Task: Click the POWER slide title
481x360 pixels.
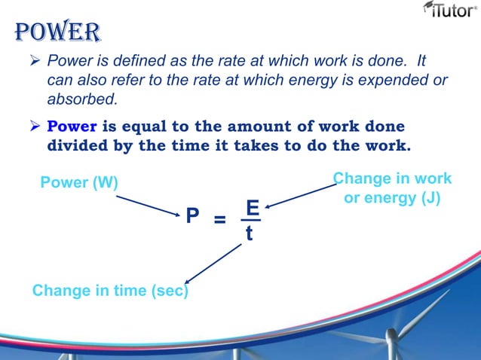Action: [x=57, y=32]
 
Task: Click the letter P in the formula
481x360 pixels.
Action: [x=192, y=217]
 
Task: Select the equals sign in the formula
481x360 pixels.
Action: [x=219, y=220]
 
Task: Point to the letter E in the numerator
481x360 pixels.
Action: [x=252, y=207]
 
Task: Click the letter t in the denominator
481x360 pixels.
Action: [x=250, y=234]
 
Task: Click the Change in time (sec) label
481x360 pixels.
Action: [x=110, y=291]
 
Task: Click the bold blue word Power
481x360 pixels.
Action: [x=72, y=126]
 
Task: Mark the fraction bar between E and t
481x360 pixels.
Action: [x=250, y=221]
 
